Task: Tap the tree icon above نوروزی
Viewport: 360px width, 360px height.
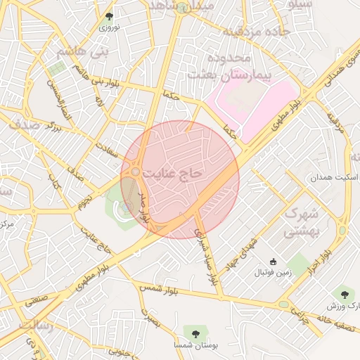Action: pos(108,15)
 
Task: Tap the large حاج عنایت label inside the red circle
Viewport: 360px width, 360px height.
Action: pos(172,172)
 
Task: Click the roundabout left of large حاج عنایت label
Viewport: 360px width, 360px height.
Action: pos(135,172)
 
